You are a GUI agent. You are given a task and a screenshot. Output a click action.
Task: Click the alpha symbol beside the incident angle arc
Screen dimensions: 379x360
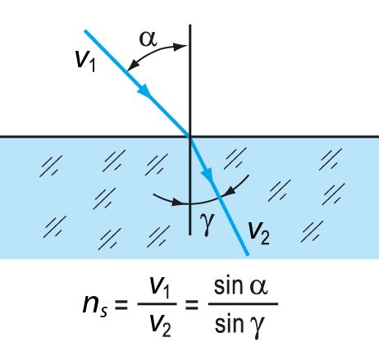tap(148, 39)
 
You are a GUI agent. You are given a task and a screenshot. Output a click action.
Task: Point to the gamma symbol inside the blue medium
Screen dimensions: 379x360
tap(207, 224)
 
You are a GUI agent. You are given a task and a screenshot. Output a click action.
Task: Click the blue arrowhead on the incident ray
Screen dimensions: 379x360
tap(144, 91)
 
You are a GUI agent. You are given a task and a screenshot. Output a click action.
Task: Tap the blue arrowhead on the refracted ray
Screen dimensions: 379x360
tap(208, 174)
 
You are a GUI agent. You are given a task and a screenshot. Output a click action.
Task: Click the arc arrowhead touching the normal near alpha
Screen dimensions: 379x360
tap(181, 47)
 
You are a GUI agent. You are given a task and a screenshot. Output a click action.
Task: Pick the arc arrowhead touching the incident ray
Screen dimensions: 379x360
tap(132, 66)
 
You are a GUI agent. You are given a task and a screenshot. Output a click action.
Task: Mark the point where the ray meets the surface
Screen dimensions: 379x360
tap(190, 136)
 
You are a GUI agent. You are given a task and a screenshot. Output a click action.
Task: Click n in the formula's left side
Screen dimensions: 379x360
tap(91, 304)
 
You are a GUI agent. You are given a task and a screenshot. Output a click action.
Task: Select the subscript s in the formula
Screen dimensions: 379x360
tap(104, 312)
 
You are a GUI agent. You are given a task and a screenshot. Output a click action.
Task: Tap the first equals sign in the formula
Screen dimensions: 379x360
tap(121, 304)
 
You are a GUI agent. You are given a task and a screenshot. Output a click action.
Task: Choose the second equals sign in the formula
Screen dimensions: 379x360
tap(192, 304)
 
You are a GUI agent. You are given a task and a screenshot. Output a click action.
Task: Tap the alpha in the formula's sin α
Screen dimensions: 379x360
tap(258, 287)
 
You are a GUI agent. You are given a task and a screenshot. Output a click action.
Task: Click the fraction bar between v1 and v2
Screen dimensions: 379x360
tap(157, 304)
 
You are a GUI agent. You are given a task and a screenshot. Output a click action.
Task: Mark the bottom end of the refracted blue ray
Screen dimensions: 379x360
tap(248, 255)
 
